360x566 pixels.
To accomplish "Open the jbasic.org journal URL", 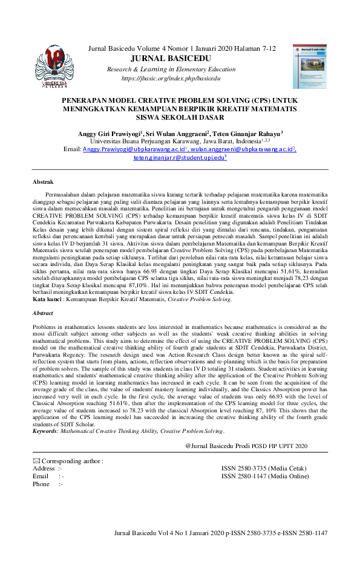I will pyautogui.click(x=178, y=78).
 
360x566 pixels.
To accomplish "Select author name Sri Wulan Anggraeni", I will pyautogui.click(x=177, y=133).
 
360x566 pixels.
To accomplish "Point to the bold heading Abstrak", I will pyautogui.click(x=43, y=181).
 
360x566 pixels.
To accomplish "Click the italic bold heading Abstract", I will pyautogui.click(x=43, y=313).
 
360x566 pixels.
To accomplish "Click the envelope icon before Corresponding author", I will pyautogui.click(x=36, y=461).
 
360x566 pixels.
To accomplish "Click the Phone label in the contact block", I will pyautogui.click(x=42, y=484).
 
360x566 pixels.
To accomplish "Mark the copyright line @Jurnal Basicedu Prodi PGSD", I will pyautogui.click(x=247, y=446).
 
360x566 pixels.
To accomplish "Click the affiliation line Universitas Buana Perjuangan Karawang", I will pyautogui.click(x=180, y=141).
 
